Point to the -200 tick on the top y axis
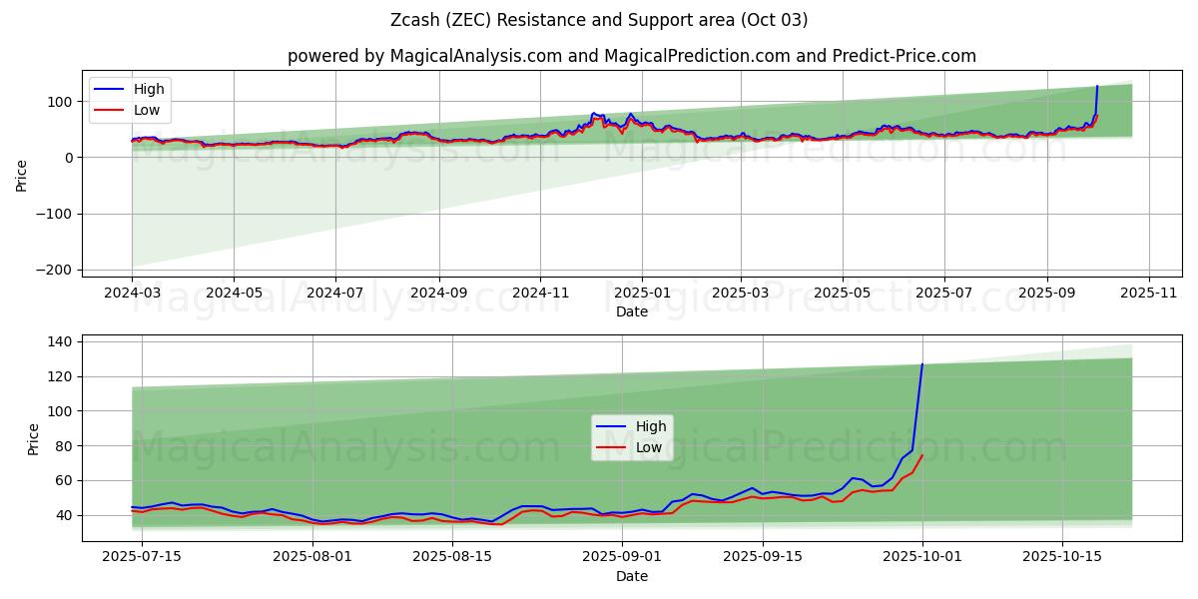[57, 270]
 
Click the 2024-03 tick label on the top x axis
[132, 295]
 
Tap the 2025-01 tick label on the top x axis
[641, 295]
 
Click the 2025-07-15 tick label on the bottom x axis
[142, 556]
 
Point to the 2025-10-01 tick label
[922, 556]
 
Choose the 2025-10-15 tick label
[1061, 556]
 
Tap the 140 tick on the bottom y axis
[61, 341]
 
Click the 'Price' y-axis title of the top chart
[22, 174]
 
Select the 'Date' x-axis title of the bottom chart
[631, 576]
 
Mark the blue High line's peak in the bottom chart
[922, 364]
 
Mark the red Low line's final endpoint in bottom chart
[922, 455]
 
